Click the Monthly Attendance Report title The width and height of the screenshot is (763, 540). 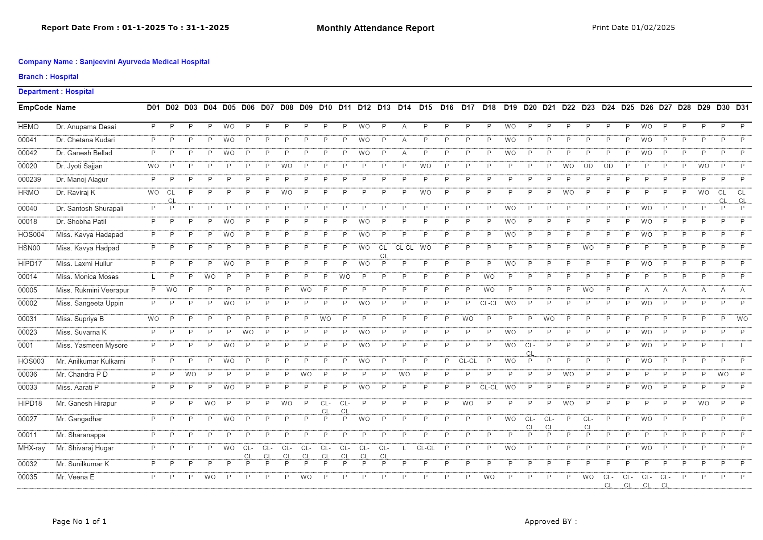pos(375,28)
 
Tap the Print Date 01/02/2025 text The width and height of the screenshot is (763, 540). pos(633,28)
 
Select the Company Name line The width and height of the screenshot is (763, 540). pos(114,62)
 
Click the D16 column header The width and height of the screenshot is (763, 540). pos(446,107)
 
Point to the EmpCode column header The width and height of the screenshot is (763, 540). pos(35,107)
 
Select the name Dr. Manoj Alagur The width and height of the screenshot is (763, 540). pos(82,179)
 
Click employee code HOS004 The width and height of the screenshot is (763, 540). pos(31,234)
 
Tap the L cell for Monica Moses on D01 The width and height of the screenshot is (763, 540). pos(153,277)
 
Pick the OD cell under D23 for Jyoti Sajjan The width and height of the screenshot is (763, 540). pos(588,166)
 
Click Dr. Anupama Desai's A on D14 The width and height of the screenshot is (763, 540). pos(404,127)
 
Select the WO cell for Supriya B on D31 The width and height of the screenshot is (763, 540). pos(742,319)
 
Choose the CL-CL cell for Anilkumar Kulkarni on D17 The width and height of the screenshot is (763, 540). pos(467,361)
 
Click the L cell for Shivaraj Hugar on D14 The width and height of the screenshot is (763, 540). pos(404,448)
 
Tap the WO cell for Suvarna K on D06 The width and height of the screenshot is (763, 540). pos(248,332)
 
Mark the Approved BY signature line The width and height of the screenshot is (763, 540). pos(645,523)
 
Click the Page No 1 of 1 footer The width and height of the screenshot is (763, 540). pos(79,521)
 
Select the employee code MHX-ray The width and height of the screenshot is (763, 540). pos(31,448)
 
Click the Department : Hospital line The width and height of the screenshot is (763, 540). pos(56,91)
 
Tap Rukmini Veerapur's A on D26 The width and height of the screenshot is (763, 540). pos(646,290)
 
